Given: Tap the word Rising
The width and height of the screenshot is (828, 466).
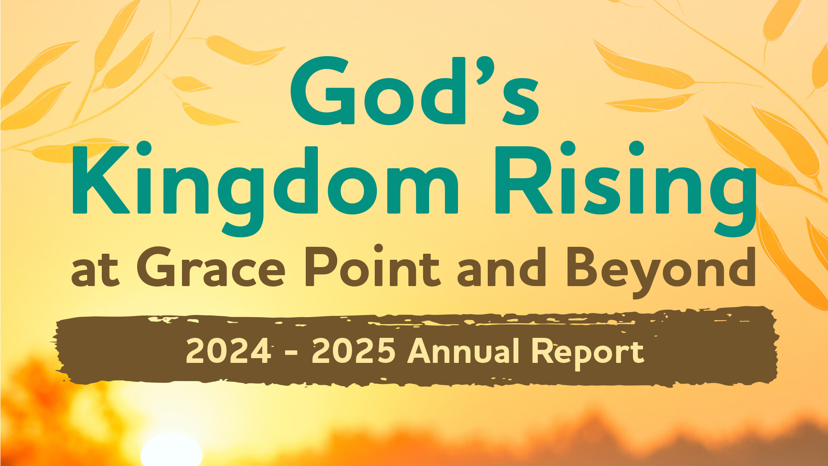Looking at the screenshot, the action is click(626, 189).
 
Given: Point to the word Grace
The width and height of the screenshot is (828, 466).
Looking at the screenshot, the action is click(211, 267).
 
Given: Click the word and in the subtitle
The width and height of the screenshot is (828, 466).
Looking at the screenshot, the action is click(502, 267).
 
